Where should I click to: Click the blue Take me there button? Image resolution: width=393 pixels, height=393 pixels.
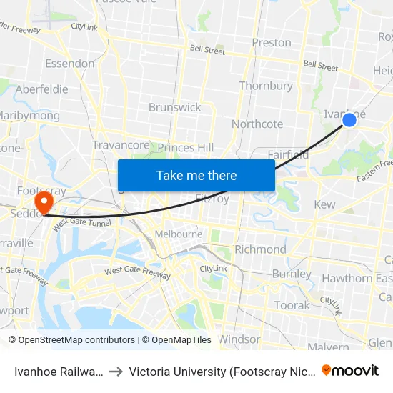click(x=196, y=175)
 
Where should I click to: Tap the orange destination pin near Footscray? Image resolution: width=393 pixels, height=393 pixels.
click(x=44, y=201)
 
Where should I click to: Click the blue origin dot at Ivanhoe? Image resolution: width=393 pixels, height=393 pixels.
click(x=349, y=120)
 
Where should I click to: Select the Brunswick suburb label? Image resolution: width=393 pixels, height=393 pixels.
click(x=174, y=107)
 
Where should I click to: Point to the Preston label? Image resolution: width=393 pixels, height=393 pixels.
click(x=272, y=42)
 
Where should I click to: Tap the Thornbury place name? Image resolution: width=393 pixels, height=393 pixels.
click(x=266, y=86)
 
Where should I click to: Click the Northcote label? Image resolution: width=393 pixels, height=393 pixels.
click(x=257, y=124)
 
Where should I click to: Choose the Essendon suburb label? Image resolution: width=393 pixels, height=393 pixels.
click(x=69, y=64)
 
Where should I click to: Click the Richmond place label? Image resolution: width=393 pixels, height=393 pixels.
click(x=260, y=249)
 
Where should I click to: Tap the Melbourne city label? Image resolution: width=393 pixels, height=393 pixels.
click(x=177, y=234)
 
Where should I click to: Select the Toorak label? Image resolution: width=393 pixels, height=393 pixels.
click(x=292, y=305)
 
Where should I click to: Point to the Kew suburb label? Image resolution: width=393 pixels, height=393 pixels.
click(x=324, y=205)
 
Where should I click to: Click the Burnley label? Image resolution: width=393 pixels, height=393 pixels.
click(x=291, y=274)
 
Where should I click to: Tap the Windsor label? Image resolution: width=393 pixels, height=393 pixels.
click(x=239, y=339)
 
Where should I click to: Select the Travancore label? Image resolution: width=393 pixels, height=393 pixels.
click(x=121, y=145)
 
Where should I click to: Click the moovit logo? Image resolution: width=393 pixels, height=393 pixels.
click(x=349, y=370)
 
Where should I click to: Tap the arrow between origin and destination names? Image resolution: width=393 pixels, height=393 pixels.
click(x=115, y=371)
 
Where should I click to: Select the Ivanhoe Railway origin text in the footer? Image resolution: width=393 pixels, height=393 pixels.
click(x=59, y=371)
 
